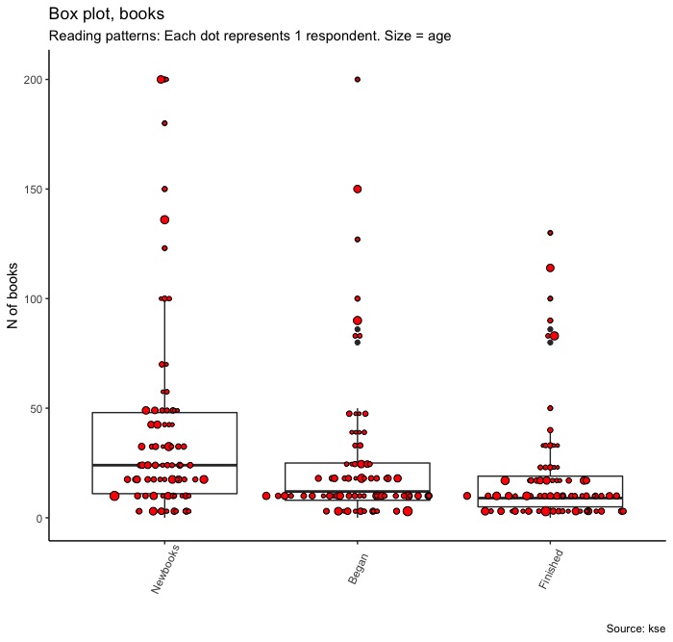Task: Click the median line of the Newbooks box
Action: point(164,465)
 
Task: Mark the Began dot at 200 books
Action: point(358,79)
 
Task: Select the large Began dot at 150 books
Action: point(358,189)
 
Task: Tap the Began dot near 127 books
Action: point(358,239)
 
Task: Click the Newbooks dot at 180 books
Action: point(164,123)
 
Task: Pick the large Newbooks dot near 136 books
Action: point(164,219)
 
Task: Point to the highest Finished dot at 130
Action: point(550,233)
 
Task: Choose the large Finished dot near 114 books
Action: point(550,268)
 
